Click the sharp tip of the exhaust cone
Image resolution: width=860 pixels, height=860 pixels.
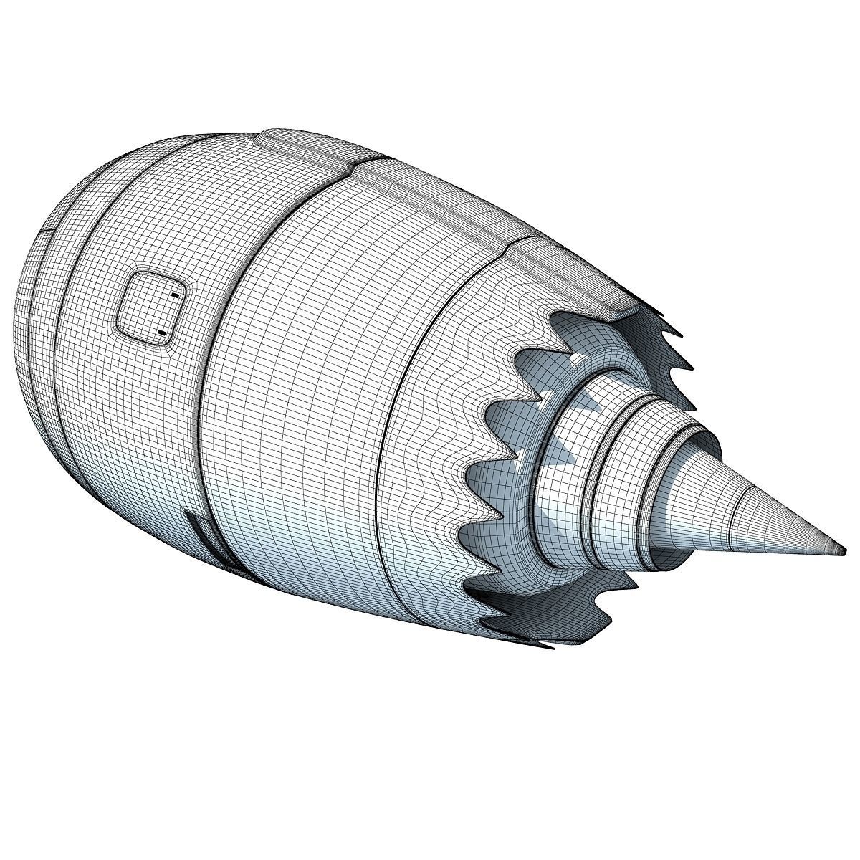click(x=843, y=550)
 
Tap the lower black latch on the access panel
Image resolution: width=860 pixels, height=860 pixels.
click(x=162, y=332)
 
